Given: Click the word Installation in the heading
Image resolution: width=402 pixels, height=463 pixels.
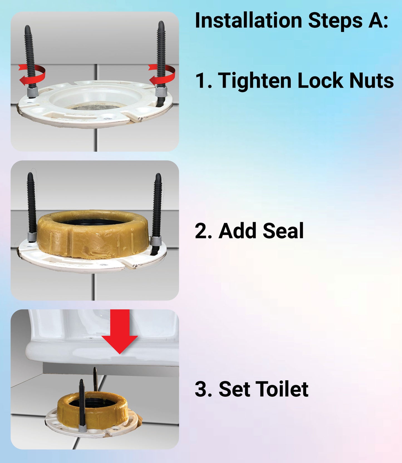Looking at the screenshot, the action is pos(248,21).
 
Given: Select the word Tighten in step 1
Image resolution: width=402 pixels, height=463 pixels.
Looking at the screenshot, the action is pos(254,81).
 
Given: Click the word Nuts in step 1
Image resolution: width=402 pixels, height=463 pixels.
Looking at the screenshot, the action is pos(371,81).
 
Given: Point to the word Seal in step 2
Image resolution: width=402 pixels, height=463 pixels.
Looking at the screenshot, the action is pos(283,231).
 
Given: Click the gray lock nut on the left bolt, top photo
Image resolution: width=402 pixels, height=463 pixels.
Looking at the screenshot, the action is pos(33,91).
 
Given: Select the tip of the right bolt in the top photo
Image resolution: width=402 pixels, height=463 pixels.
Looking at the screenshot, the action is pos(161,22).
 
